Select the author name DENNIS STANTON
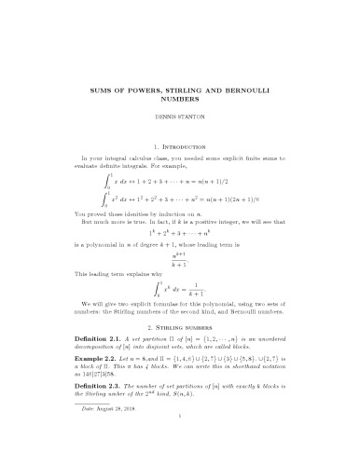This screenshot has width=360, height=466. [180, 142]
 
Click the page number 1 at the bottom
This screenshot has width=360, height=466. [180, 446]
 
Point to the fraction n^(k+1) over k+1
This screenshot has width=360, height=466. [180, 283]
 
